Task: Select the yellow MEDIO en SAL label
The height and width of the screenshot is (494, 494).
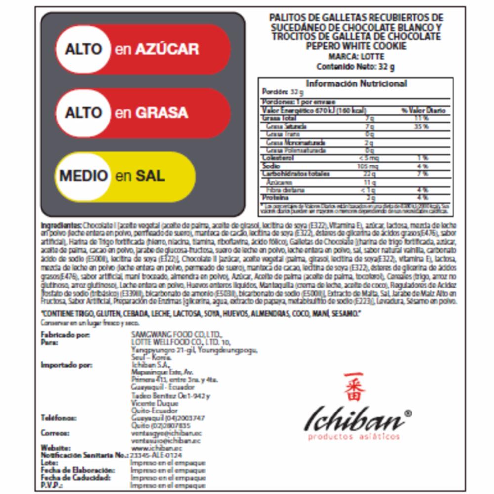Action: click(126, 176)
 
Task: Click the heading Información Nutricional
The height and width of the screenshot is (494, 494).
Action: click(356, 84)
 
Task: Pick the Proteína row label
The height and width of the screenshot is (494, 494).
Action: click(273, 198)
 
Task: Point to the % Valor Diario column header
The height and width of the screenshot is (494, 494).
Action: click(423, 110)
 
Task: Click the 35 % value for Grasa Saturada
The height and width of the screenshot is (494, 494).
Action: click(422, 126)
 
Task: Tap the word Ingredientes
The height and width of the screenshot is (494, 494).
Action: click(61, 225)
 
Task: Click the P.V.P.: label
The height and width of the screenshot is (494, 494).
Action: click(51, 485)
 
